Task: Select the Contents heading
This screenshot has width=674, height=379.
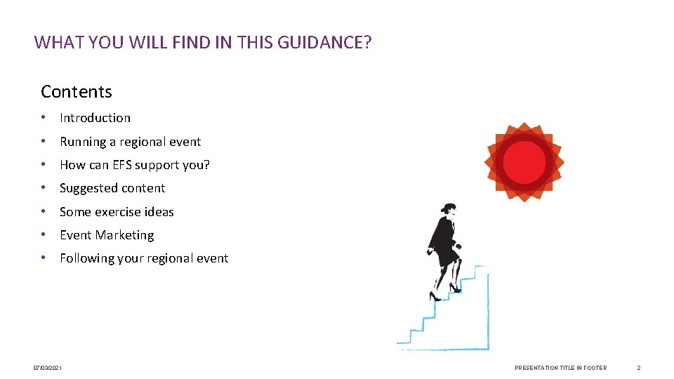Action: tap(77, 92)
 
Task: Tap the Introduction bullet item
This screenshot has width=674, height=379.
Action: tap(95, 118)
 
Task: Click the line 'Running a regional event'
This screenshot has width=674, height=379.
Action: tap(130, 142)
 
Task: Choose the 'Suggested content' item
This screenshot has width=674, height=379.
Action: tap(112, 188)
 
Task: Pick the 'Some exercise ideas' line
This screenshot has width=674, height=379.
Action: tap(117, 212)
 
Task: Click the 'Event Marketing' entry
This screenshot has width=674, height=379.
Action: tap(107, 235)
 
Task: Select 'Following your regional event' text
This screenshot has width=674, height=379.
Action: tap(144, 258)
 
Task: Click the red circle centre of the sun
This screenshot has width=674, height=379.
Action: tap(524, 161)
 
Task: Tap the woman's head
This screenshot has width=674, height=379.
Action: tap(447, 209)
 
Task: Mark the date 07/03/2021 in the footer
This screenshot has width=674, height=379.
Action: tap(48, 368)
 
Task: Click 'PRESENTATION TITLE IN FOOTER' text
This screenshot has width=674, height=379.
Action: tap(560, 368)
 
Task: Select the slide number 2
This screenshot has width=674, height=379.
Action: tap(638, 368)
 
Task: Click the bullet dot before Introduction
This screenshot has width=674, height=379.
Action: tap(44, 118)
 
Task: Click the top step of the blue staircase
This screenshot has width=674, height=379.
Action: tap(480, 267)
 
